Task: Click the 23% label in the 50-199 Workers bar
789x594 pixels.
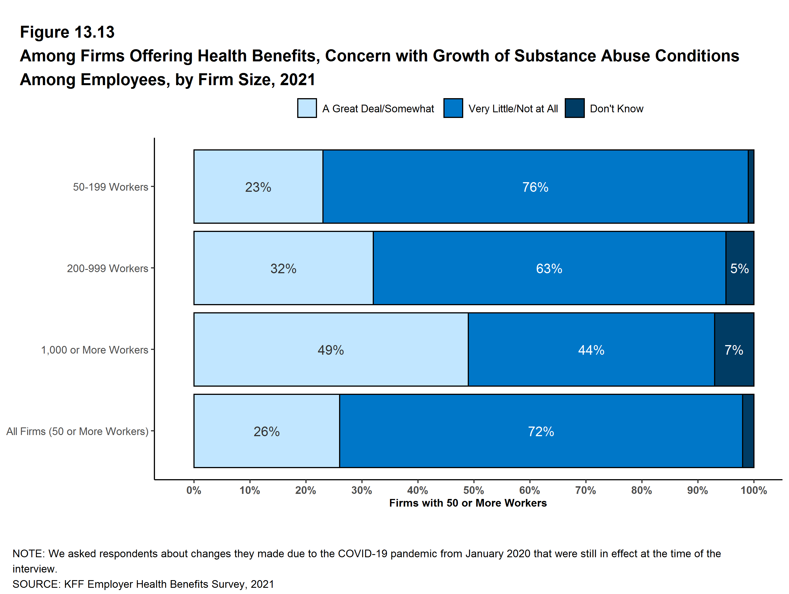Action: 258,187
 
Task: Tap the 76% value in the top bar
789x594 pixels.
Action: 535,187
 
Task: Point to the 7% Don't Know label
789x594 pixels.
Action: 733,350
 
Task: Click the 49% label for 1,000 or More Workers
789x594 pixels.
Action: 331,350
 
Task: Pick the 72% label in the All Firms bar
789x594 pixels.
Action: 541,432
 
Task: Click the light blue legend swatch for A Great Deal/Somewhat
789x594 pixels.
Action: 307,108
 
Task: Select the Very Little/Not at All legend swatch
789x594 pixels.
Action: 453,108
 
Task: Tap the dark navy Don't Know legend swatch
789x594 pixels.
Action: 574,108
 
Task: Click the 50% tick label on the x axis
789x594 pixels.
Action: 473,490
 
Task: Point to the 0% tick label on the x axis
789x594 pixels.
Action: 194,490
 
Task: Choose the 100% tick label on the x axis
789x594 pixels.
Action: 753,490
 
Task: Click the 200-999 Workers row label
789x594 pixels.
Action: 107,268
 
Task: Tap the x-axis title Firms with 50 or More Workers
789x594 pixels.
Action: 468,503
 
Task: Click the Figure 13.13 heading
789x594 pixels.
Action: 67,32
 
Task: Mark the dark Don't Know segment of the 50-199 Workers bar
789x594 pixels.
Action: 751,187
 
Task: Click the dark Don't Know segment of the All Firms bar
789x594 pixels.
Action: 748,431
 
